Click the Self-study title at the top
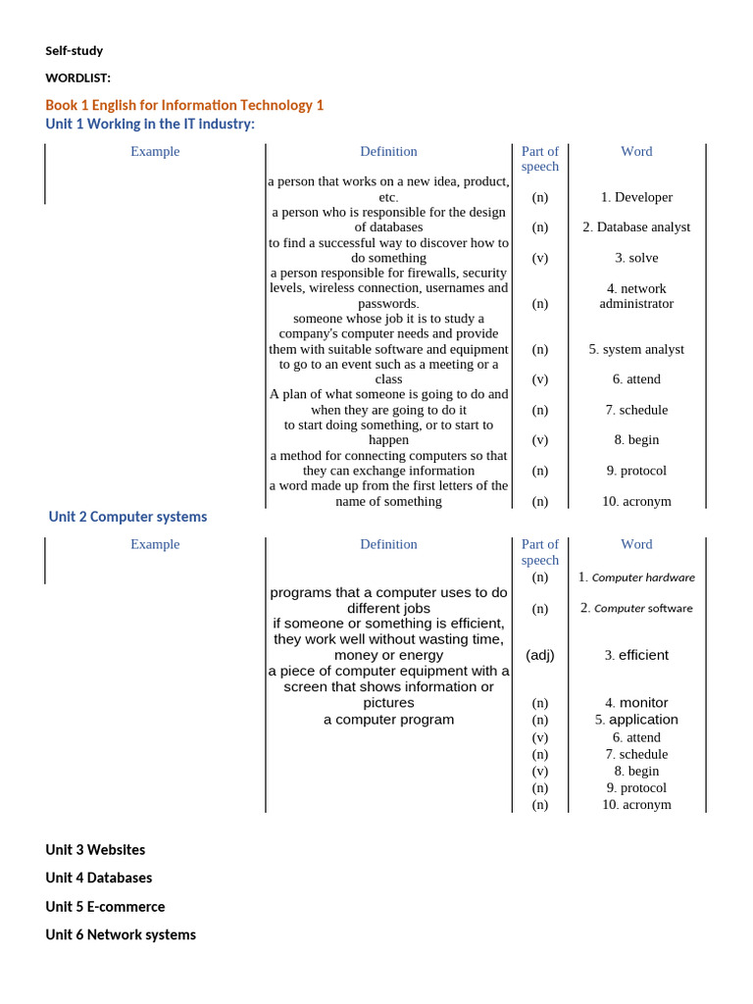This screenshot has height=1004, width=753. (x=74, y=51)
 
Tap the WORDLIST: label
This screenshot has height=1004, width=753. (x=77, y=77)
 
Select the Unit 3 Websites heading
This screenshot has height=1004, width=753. (x=95, y=850)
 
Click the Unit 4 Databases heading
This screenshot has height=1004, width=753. (x=99, y=878)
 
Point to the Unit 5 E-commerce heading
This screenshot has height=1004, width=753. (x=105, y=907)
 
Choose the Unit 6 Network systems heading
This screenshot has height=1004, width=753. (x=121, y=935)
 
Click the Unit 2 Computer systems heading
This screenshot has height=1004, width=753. (x=128, y=517)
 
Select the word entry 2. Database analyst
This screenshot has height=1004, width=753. (x=636, y=227)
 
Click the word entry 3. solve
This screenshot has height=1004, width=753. (x=636, y=258)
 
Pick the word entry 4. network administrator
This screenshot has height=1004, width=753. (x=636, y=296)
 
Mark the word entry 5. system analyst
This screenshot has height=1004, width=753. (x=636, y=349)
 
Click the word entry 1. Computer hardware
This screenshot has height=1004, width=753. (x=636, y=577)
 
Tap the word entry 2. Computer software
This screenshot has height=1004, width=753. (x=636, y=608)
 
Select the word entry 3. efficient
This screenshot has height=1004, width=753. (x=636, y=655)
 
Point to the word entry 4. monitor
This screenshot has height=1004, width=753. (x=636, y=703)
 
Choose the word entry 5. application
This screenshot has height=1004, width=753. (x=636, y=720)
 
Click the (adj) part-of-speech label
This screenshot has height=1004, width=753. (x=540, y=655)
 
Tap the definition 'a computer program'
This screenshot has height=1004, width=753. (x=389, y=720)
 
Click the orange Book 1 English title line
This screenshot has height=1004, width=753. (x=184, y=105)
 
